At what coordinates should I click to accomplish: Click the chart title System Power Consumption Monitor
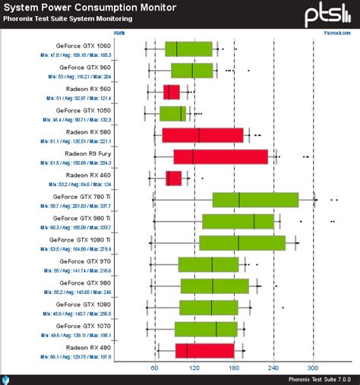coord(91,8)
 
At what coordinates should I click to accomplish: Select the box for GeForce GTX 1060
coord(188,49)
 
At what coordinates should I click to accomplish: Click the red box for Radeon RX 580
coord(202,135)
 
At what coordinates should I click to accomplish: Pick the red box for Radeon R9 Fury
coord(220,156)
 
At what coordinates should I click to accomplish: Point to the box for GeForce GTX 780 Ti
coord(255,200)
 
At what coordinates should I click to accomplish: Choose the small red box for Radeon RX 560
coord(172,92)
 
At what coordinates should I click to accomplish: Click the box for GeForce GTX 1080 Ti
coord(242,243)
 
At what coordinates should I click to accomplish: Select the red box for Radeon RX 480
coord(205,351)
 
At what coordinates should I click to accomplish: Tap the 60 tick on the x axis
coord(154,368)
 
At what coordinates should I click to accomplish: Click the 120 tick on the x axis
coord(194,368)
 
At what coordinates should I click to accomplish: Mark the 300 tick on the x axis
coord(313,368)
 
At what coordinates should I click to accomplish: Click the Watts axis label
coord(119,33)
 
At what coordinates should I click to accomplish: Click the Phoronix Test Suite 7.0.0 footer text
coord(318,379)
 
